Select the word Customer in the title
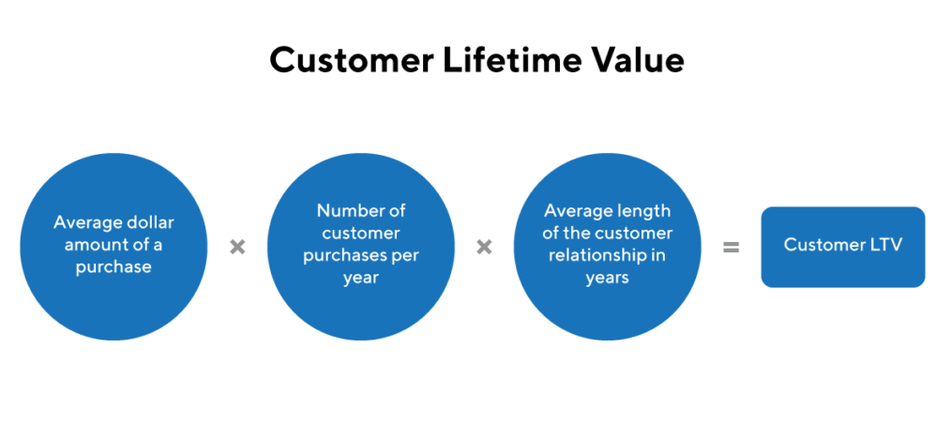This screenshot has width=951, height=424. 352,60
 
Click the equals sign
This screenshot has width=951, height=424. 731,247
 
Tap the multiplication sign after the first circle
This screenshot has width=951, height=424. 237,247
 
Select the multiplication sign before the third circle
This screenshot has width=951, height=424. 484,247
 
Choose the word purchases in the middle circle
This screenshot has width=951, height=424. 346,256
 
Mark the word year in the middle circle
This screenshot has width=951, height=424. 361,279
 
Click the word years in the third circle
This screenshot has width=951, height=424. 607,279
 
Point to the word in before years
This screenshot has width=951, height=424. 658,255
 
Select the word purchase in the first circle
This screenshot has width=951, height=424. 113,267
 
